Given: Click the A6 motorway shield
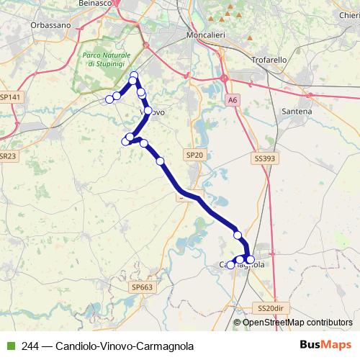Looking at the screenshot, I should tap(231, 100).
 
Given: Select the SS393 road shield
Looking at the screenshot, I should tap(265, 158).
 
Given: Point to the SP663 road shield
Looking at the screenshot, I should tap(143, 287).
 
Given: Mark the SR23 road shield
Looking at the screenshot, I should tap(7, 156).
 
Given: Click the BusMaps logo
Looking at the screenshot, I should tap(325, 345).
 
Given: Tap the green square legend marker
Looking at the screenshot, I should tap(9, 346).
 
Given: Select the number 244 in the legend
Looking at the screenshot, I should tap(30, 346).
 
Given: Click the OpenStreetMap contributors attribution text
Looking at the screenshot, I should tap(297, 323).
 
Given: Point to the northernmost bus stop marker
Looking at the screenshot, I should tap(133, 76).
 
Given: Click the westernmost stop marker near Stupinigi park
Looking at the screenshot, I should tap(109, 99).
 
